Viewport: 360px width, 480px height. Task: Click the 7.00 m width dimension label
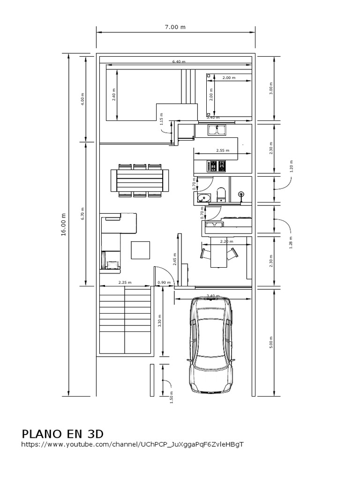coord(175,27)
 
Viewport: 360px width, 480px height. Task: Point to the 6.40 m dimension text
coord(179,61)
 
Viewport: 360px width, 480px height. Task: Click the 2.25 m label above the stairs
coord(125,282)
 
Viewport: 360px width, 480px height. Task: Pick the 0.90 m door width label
coord(164,282)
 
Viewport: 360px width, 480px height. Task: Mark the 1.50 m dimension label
coord(171,396)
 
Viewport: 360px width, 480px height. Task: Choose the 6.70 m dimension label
coord(82,213)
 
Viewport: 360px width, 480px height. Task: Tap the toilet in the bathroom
coord(221,194)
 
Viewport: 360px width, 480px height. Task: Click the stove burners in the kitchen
coord(217,166)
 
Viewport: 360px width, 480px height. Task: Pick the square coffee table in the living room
coord(141,249)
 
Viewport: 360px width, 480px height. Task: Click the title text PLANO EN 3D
coord(62,432)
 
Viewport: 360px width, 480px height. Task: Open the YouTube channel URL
coord(133,443)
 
